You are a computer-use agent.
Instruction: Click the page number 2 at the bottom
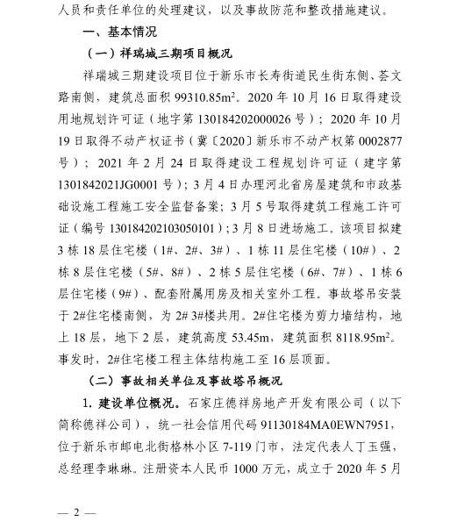[76, 512]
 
